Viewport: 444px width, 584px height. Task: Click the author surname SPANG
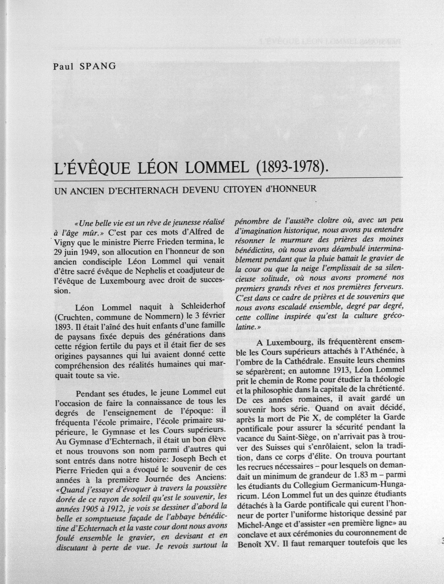(98, 66)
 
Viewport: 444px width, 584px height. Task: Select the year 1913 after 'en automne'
(341, 370)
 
